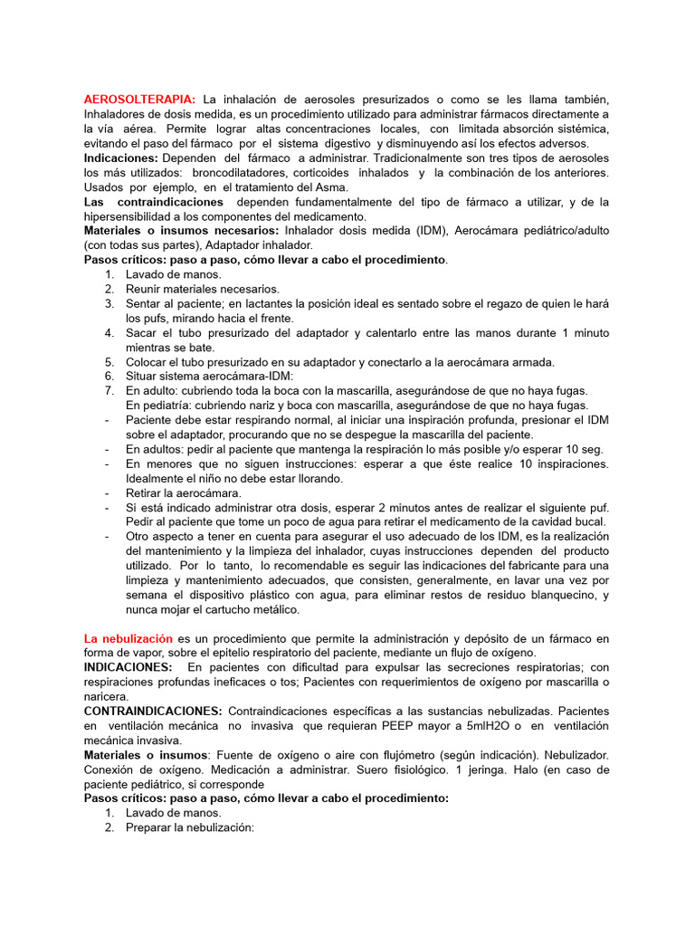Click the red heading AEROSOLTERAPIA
[139, 99]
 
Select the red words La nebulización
[128, 638]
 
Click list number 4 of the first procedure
[109, 332]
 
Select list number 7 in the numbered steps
[109, 390]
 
